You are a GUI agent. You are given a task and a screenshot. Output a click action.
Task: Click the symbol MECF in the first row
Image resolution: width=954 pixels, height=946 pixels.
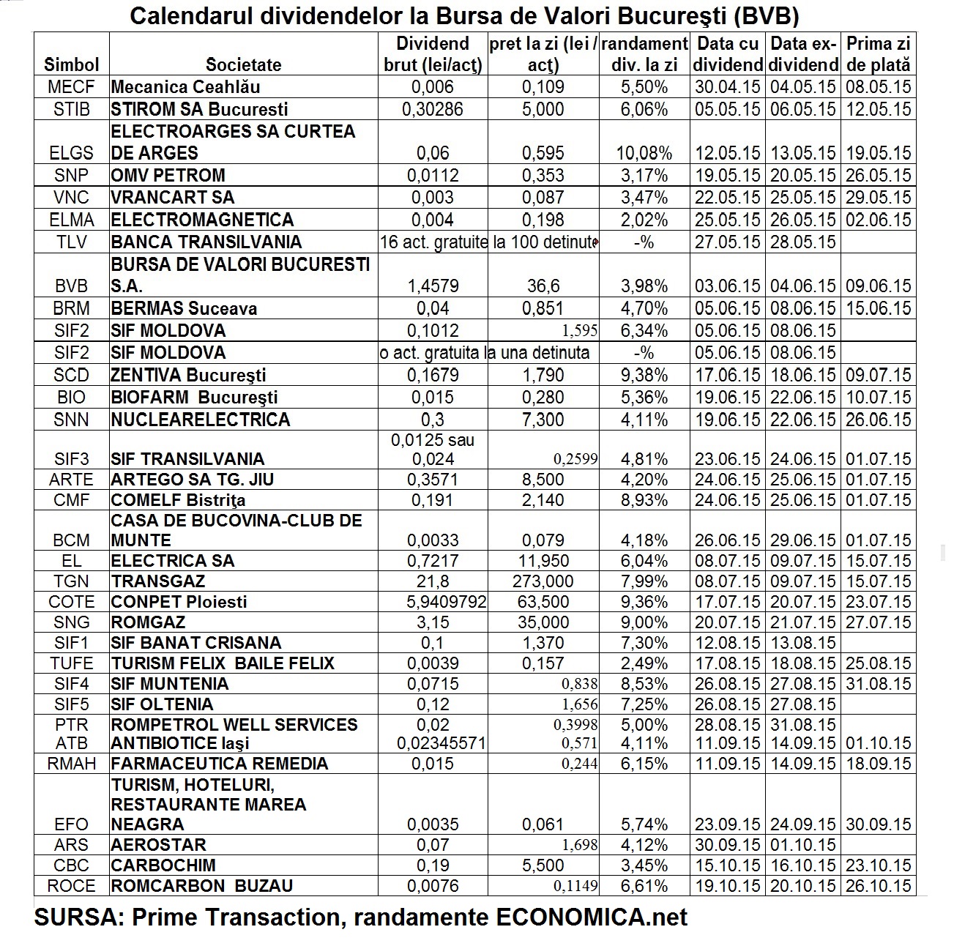point(71,87)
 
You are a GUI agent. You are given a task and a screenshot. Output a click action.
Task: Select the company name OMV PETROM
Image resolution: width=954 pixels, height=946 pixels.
point(168,176)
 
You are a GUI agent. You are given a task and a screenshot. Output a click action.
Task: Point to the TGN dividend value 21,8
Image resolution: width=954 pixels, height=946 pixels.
point(432,581)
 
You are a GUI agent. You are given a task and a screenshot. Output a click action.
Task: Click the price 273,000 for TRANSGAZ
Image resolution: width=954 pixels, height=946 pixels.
point(543,581)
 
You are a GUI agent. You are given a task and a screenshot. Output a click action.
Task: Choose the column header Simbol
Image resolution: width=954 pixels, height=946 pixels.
point(71,64)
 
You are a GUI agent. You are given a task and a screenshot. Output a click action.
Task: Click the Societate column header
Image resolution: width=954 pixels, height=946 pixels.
point(243,64)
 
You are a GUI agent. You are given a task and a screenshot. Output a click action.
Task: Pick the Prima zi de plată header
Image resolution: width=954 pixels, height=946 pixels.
point(879,54)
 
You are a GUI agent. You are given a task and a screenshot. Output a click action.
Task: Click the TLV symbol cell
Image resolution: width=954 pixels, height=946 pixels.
point(71,242)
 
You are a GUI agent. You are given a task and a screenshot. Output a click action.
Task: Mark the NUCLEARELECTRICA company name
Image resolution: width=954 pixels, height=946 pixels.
point(201,420)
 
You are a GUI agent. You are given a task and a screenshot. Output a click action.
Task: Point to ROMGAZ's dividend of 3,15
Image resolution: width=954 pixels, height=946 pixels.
point(432,622)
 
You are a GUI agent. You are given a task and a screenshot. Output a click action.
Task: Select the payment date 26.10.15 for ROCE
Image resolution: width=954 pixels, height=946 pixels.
point(879,886)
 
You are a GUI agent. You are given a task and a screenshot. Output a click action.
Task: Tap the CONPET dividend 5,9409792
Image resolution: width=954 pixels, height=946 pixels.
point(432,602)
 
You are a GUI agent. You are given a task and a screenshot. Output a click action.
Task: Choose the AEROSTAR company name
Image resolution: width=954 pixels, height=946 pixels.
point(158,845)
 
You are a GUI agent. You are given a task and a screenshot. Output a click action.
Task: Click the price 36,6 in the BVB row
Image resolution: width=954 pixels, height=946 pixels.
point(543,286)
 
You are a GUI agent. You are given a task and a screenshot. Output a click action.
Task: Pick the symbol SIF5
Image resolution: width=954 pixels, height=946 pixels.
point(71,704)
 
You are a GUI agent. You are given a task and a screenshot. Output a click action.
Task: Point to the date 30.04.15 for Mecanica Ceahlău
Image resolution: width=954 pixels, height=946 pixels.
point(728,87)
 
